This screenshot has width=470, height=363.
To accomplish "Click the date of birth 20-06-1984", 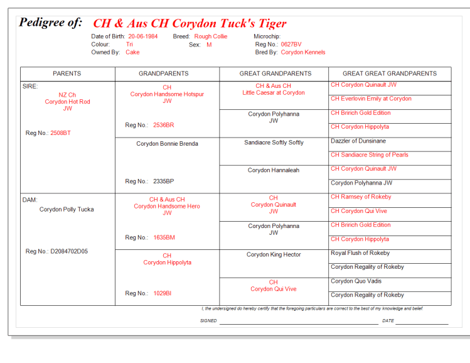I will click(142, 36).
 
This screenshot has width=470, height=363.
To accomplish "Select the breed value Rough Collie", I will click(211, 36).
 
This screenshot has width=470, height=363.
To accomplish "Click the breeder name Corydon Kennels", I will click(303, 53).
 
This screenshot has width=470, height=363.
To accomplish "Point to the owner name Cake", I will click(132, 53).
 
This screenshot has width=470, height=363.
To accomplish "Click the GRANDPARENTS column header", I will click(167, 73).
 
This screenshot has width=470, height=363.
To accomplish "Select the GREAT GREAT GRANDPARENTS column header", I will click(389, 73).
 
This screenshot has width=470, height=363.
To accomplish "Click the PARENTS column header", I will click(67, 73).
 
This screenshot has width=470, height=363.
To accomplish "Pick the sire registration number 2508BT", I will click(61, 133).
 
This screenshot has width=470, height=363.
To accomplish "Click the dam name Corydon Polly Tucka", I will click(67, 210).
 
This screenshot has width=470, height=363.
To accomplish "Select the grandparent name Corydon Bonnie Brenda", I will click(167, 144).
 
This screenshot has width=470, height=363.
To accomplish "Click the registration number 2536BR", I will click(164, 126).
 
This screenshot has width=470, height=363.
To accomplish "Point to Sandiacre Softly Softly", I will click(274, 143).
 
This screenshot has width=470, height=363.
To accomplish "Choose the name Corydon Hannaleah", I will click(274, 170).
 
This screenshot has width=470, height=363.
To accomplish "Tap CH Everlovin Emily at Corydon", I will click(371, 99).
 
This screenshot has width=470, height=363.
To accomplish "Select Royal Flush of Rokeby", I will click(360, 253).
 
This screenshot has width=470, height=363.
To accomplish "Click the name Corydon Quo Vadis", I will click(356, 281).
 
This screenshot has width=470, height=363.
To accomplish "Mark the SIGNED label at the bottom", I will click(208, 321).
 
